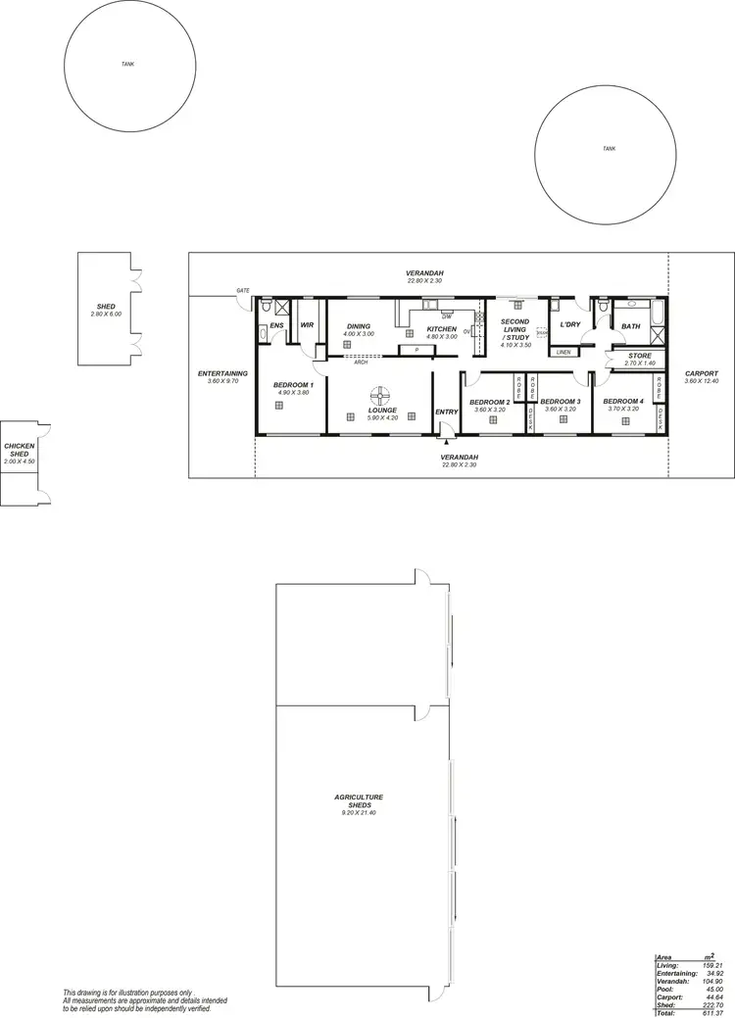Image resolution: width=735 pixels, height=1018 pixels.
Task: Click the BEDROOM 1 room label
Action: pyautogui.click(x=293, y=385)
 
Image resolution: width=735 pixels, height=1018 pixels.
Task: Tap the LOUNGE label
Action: pyautogui.click(x=382, y=410)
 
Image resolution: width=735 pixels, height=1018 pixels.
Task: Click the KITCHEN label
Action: pyautogui.click(x=441, y=328)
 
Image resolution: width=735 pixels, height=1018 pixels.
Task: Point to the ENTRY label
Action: pyautogui.click(x=446, y=412)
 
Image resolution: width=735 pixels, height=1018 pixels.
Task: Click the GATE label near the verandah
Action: pyautogui.click(x=242, y=291)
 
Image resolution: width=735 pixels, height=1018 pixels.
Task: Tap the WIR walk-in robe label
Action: pyautogui.click(x=307, y=324)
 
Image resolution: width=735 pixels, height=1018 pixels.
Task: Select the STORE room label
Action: pyautogui.click(x=640, y=356)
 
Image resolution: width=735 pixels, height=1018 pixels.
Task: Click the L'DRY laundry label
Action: pyautogui.click(x=570, y=324)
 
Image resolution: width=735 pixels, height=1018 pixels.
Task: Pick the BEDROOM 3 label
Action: pyautogui.click(x=561, y=402)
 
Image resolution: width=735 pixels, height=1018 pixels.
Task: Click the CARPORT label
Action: pyautogui.click(x=702, y=373)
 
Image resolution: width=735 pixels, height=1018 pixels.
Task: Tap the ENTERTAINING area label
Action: pyautogui.click(x=221, y=373)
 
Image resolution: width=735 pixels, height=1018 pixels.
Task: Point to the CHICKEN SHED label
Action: pyautogui.click(x=20, y=450)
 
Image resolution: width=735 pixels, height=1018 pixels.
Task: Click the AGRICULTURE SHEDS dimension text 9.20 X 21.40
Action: pyautogui.click(x=359, y=813)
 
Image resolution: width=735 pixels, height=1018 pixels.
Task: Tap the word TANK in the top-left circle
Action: pyautogui.click(x=127, y=64)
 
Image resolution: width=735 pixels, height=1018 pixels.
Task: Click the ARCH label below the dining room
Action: pyautogui.click(x=362, y=362)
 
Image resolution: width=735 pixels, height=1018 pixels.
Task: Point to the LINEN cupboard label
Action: pyautogui.click(x=563, y=352)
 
